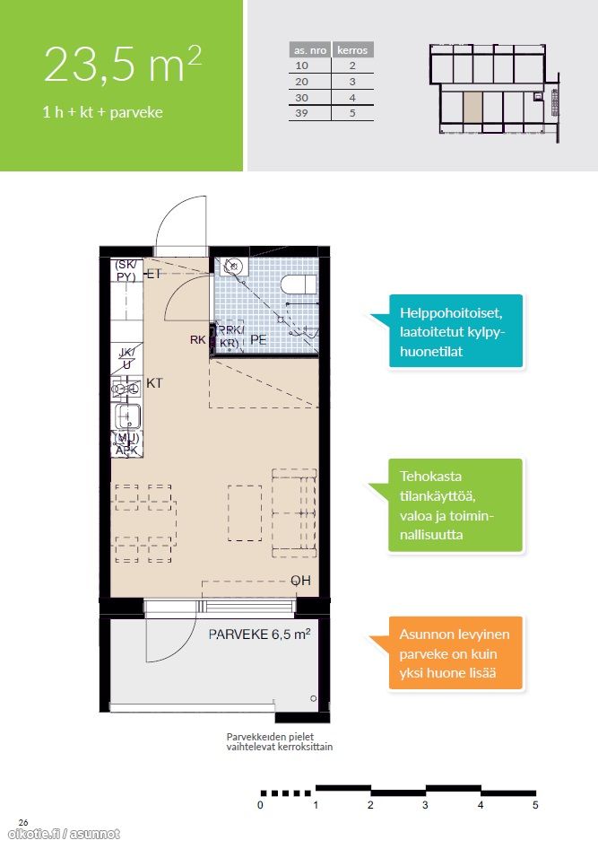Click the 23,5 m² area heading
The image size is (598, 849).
click(x=123, y=64)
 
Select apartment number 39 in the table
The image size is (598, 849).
click(x=302, y=112)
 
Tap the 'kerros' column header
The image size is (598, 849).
click(x=352, y=50)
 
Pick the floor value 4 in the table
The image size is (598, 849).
click(x=352, y=98)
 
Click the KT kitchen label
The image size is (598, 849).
click(x=154, y=383)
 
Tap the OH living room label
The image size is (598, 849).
click(x=300, y=581)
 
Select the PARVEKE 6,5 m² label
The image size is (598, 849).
click(x=259, y=634)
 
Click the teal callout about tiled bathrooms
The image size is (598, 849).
click(x=455, y=331)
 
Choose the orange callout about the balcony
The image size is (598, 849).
click(x=455, y=653)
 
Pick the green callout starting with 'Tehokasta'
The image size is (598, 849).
click(x=455, y=505)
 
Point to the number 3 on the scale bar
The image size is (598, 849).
click(x=425, y=805)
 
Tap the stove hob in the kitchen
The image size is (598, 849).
click(x=126, y=389)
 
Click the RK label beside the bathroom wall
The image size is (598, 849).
click(x=197, y=339)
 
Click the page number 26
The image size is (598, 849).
click(x=23, y=822)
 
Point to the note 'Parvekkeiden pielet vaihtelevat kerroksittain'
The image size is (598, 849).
click(x=280, y=742)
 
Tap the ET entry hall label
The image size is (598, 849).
click(x=154, y=274)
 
